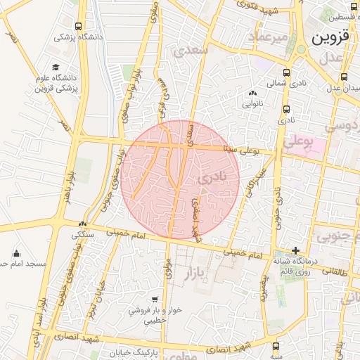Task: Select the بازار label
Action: click(203, 271)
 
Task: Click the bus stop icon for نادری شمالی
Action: click(286, 72)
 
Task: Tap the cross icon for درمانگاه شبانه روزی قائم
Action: click(296, 250)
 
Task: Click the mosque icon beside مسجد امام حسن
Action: click(16, 253)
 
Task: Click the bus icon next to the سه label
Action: click(275, 346)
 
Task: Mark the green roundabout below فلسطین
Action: click(302, 49)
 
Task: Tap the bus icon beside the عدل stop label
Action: click(344, 77)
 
